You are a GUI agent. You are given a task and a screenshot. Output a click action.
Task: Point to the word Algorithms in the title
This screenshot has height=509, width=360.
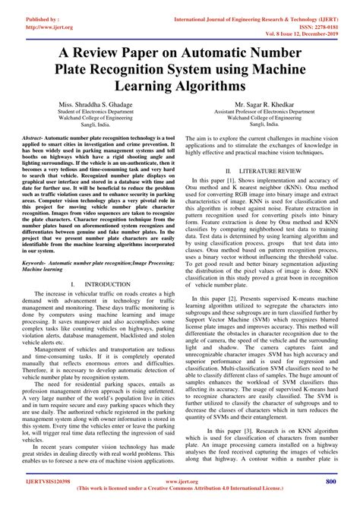(207, 88)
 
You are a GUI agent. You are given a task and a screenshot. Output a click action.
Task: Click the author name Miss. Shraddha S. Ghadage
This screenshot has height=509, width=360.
(96, 104)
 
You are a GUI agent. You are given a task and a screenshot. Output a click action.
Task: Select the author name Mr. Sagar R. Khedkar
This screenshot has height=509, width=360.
(264, 104)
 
